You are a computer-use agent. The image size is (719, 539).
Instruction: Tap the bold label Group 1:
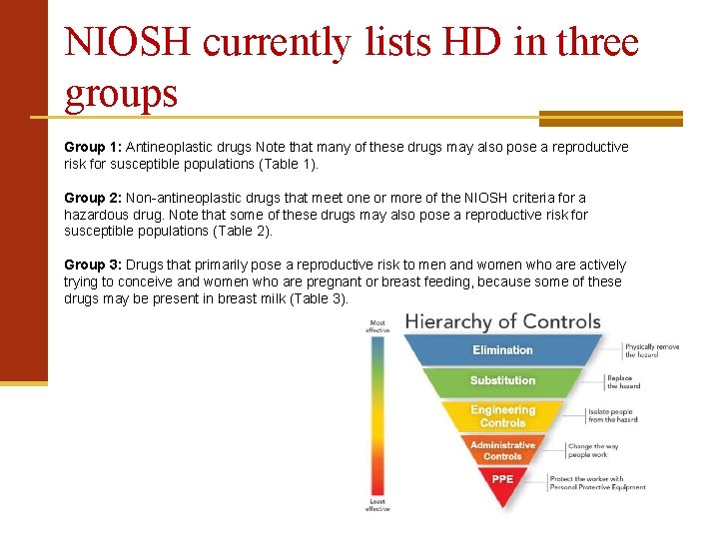[x=93, y=147]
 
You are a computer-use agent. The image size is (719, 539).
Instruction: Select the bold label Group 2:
[x=93, y=198]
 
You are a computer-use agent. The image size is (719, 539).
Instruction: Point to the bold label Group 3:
[x=93, y=265]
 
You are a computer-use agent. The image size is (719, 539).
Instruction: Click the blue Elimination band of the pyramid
[x=502, y=350]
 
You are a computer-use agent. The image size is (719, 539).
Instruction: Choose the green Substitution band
[x=502, y=380]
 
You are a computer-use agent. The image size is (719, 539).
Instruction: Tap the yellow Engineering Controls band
[x=502, y=416]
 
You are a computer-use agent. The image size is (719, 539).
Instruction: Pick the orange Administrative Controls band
[x=502, y=450]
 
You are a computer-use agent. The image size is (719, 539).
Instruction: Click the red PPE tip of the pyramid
[x=502, y=479]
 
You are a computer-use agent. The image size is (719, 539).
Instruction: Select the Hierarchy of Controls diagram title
[x=502, y=321]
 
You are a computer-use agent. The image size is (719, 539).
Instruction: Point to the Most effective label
[x=377, y=326]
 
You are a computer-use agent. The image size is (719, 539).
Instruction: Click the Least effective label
[x=377, y=505]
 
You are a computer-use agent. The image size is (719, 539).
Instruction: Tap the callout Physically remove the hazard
[x=651, y=350]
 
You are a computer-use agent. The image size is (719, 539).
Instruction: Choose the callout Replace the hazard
[x=624, y=382]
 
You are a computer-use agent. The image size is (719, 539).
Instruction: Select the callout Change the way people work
[x=593, y=450]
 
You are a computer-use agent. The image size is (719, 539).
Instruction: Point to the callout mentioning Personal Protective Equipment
[x=597, y=483]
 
